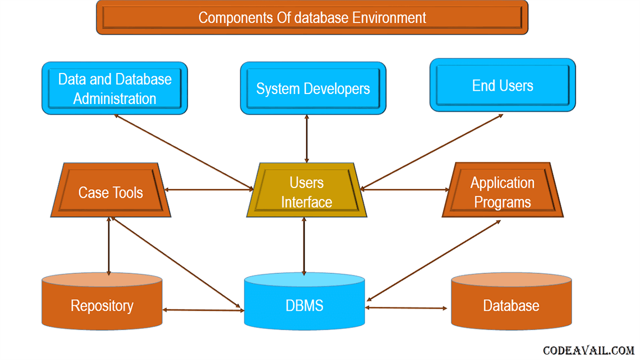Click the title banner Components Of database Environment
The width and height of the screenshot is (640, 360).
pos(312,18)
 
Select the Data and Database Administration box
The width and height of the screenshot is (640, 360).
pos(115,88)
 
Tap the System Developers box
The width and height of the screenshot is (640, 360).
pos(313,88)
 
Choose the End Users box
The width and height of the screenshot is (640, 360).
pos(503,85)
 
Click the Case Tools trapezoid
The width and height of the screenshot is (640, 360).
pos(111,190)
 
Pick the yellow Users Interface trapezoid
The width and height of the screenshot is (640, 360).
pos(306,190)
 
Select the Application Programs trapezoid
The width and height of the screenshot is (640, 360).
pos(502,190)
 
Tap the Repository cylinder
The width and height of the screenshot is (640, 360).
pos(102,301)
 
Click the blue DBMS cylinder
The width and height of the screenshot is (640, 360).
pos(304,301)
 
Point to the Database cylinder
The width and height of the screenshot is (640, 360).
pos(512,301)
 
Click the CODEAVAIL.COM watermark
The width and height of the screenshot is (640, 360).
pos(589,350)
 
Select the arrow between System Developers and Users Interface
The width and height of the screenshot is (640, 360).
pos(306,139)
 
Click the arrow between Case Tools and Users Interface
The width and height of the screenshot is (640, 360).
pos(209,190)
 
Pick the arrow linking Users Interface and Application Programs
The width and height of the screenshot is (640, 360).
pos(405,190)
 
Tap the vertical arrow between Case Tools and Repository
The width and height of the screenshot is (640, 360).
pos(108,246)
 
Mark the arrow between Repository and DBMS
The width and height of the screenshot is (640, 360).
pos(203,310)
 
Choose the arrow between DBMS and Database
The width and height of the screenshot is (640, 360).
pos(406,308)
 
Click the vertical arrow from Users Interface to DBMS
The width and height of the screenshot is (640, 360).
pos(304,246)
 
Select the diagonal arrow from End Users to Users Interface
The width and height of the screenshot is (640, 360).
pos(432,152)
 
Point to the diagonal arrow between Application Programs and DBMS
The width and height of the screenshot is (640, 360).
pos(434,261)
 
